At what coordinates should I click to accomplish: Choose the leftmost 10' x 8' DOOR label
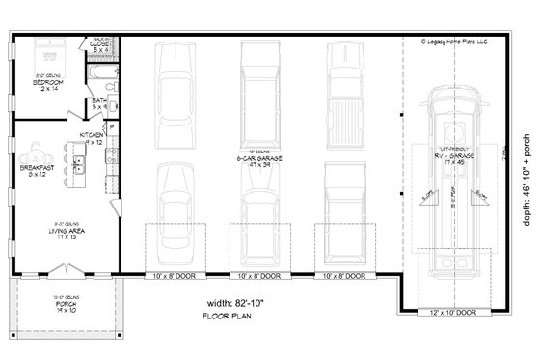175,276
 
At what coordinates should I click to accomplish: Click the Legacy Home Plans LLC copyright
461,42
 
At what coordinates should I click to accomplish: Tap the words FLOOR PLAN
228,317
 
